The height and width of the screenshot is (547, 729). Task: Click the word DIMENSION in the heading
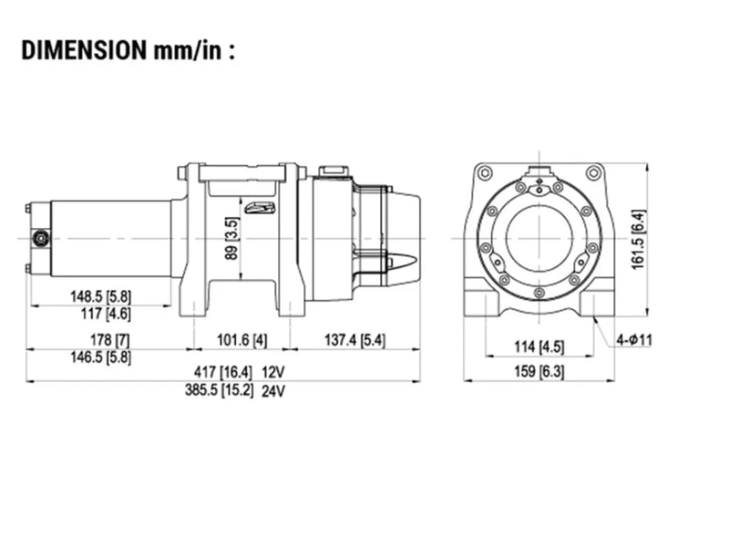click(x=80, y=49)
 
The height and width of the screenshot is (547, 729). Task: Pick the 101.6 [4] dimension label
click(x=241, y=340)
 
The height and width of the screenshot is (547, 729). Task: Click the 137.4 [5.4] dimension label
click(x=355, y=340)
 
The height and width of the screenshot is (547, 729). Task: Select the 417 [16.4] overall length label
click(x=219, y=373)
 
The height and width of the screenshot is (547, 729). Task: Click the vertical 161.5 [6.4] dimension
click(x=639, y=240)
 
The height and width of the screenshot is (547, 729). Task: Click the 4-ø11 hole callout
click(x=634, y=340)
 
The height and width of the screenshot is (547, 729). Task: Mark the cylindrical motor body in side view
click(x=109, y=239)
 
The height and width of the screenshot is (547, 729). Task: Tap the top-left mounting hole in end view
click(x=485, y=171)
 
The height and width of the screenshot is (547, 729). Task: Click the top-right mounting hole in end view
click(x=594, y=171)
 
